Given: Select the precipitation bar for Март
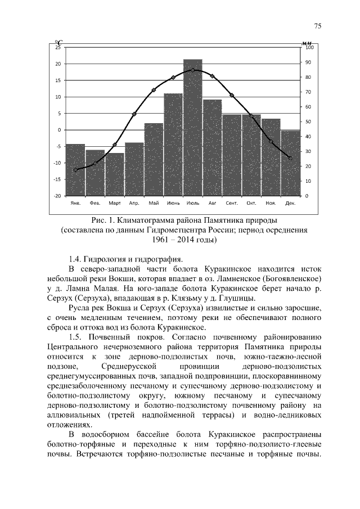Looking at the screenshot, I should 114,174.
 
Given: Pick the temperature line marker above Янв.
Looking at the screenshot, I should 76,170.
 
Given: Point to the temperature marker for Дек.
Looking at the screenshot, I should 290,158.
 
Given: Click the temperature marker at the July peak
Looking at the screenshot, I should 192,70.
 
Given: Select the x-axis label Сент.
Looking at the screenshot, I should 231,202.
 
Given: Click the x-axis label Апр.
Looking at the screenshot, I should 134,202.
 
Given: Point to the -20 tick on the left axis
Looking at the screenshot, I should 57,196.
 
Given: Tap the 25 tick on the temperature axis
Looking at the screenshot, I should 58,47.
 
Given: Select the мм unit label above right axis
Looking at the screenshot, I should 307,43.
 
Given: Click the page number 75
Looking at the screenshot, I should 317,26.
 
